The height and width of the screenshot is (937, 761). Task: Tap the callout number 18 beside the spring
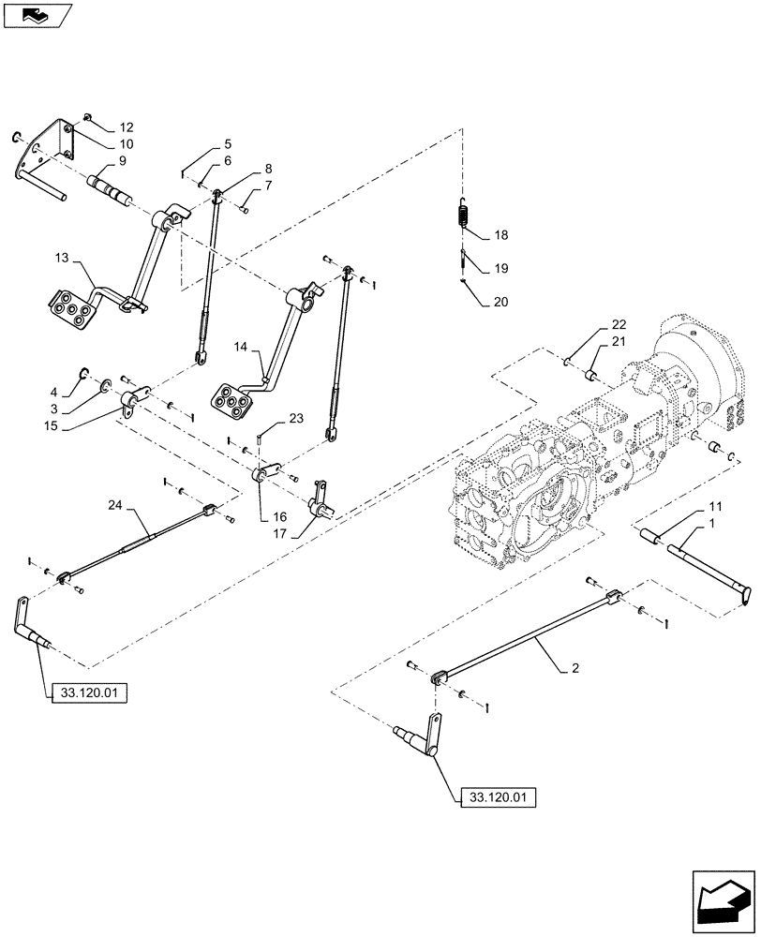(500, 236)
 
